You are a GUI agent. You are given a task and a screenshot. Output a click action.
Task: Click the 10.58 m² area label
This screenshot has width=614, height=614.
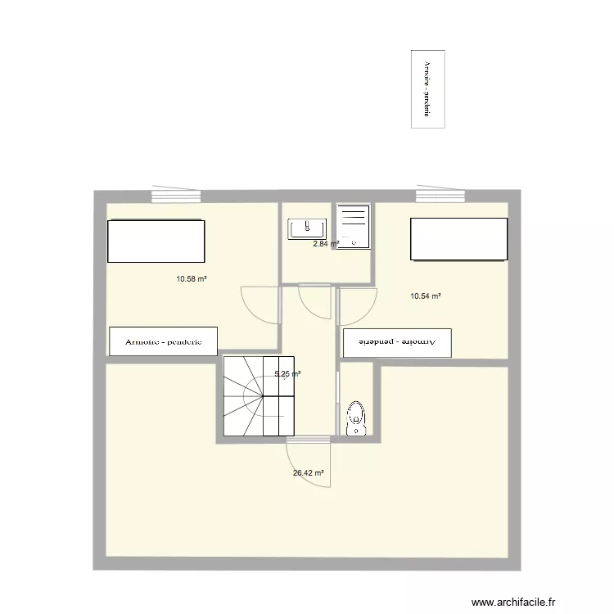click(x=191, y=278)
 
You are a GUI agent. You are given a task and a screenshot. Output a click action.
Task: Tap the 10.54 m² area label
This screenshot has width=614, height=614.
click(x=426, y=296)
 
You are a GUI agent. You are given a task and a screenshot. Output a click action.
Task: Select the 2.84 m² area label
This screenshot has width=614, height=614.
click(x=325, y=243)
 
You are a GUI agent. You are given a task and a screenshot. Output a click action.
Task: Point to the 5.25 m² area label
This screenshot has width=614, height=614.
click(x=287, y=374)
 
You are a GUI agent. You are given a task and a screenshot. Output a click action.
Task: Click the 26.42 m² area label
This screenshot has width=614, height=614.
click(x=308, y=472)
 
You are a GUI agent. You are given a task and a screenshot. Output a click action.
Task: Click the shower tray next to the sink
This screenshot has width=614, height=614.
click(x=353, y=226)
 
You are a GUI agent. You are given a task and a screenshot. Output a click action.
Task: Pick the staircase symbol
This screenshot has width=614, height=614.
click(x=259, y=395)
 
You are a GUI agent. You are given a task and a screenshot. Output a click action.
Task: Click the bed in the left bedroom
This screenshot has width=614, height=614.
click(x=155, y=242)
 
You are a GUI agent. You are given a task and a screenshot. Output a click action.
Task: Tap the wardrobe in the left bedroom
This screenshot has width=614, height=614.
click(x=164, y=341)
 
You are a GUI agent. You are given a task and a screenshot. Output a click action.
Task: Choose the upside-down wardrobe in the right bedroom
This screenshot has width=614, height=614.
click(x=398, y=342)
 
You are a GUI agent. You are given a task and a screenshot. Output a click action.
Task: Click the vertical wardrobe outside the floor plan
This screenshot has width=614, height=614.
click(x=427, y=88)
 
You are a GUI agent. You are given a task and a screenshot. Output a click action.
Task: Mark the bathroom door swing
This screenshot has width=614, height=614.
click(x=315, y=301)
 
